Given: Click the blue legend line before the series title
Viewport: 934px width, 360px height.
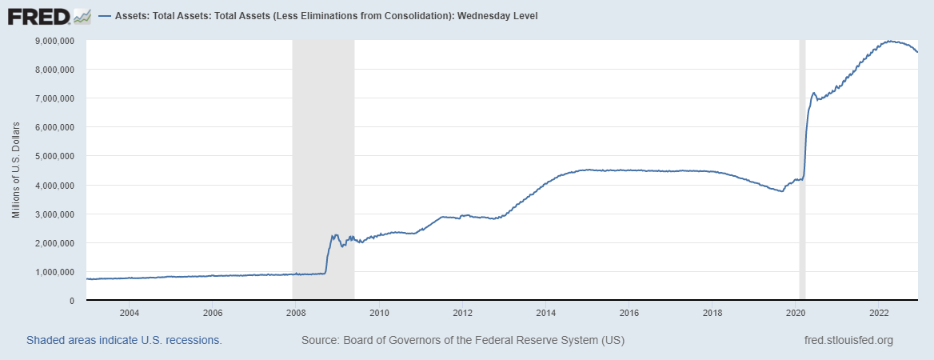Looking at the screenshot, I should coord(106,16).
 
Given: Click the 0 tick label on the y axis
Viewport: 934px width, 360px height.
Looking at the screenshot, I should coord(71,301).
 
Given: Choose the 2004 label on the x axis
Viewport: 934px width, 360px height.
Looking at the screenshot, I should coord(130,313).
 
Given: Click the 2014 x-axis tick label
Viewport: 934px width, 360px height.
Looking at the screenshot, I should coord(546,313).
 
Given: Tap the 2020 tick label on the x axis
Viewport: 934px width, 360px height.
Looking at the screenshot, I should coord(796,313).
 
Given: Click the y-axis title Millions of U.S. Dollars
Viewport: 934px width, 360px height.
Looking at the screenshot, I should coord(16,170).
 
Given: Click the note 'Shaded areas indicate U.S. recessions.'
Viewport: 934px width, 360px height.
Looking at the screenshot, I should coord(124,340).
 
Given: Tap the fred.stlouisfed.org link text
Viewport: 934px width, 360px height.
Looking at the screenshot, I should coord(848,340).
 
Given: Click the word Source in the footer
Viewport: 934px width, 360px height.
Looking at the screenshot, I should coord(319,340).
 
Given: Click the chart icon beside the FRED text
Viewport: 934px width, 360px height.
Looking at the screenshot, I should coord(82,16).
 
